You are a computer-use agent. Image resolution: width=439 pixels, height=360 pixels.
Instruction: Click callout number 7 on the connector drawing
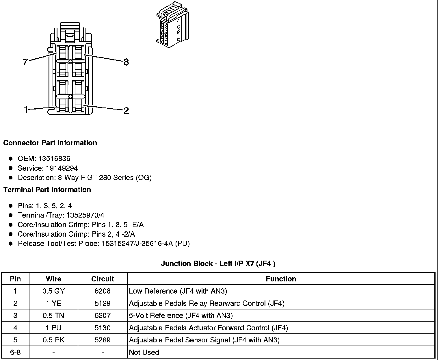point(25,62)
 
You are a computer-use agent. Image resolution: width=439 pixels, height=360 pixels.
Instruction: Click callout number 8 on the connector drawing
point(126,62)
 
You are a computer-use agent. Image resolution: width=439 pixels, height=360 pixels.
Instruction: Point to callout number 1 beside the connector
point(26,110)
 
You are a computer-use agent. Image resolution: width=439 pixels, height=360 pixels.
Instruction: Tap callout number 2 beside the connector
point(126,110)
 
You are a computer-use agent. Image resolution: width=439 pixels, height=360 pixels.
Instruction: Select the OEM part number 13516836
point(54,159)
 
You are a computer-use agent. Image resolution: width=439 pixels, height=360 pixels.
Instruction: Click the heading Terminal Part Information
point(47,190)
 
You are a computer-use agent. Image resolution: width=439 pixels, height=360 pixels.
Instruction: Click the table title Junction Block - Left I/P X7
point(218,263)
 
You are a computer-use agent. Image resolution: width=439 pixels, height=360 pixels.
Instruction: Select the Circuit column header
point(103,279)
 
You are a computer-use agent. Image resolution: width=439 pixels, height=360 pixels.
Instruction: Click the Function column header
point(281,279)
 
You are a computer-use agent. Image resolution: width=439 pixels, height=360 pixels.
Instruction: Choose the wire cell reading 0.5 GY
point(53,291)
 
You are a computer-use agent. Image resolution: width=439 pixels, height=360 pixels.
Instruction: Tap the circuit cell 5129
point(103,303)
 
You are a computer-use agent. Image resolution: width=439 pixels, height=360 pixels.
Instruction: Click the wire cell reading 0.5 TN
point(53,316)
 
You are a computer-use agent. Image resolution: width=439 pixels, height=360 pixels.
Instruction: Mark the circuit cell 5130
point(103,328)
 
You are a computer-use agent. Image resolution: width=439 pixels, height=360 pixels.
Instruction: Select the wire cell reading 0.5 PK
point(53,340)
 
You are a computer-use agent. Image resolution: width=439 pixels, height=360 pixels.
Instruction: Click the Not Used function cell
point(144,352)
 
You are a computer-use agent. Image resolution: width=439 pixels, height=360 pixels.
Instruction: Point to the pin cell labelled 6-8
point(15,352)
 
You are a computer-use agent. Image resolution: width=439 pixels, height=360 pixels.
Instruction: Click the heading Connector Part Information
point(50,143)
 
